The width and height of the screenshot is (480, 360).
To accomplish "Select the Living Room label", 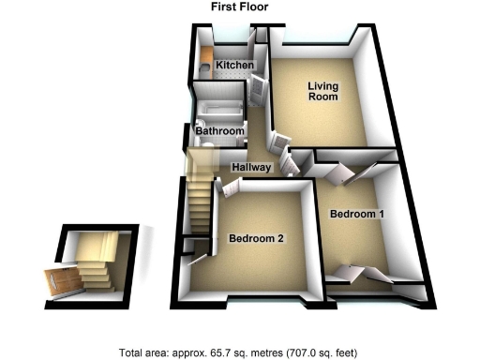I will coord(323,91).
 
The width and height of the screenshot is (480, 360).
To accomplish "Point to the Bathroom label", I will coord(220,132).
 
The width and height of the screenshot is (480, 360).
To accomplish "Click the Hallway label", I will coord(252,168).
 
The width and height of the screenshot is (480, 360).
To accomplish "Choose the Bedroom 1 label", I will coord(356,214).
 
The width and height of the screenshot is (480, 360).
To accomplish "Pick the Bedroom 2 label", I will coord(256,239).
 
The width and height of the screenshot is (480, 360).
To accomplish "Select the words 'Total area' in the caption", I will coord(142,353).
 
